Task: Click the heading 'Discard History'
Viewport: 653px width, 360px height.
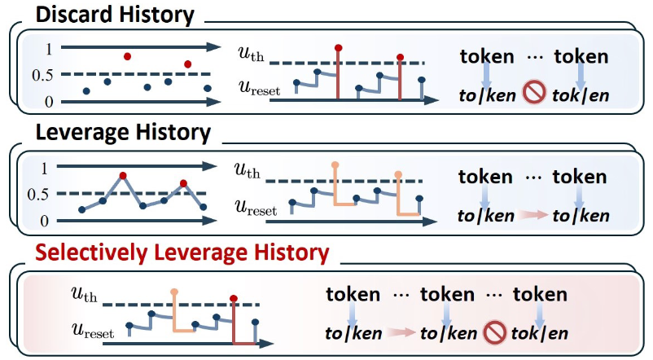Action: [x=113, y=14]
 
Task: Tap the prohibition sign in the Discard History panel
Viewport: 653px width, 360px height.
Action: [x=534, y=95]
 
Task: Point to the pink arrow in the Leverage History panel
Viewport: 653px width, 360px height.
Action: [x=534, y=216]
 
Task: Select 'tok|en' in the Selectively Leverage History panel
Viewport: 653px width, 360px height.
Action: [x=539, y=332]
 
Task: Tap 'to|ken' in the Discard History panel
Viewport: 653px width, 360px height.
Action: [x=486, y=95]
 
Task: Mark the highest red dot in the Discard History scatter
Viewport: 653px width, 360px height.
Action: [x=127, y=56]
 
